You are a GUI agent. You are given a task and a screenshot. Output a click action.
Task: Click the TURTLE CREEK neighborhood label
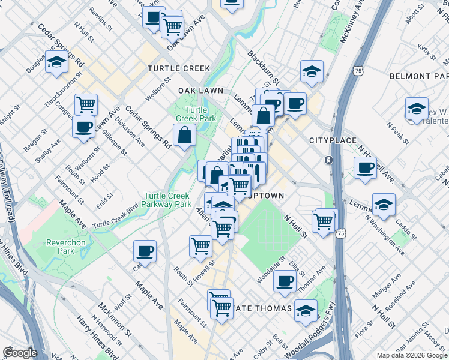tap(179, 68)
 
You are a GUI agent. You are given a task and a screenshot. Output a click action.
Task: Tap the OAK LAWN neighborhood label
tap(200, 91)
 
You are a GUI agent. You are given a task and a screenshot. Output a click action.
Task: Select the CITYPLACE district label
tap(329, 140)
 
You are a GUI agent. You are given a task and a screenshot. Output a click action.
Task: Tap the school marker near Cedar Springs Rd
tap(56, 62)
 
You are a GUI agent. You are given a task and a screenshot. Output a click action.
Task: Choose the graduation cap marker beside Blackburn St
tap(311, 72)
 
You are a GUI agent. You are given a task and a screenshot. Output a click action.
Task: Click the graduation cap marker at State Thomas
tap(306, 311)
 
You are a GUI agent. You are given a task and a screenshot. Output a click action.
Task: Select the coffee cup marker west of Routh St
tap(144, 251)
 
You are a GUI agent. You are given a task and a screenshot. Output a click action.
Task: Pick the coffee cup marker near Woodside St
tap(285, 280)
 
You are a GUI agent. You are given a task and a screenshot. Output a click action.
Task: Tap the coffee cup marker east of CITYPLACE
tap(364, 168)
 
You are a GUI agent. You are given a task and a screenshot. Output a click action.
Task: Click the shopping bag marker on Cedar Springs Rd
tap(185, 135)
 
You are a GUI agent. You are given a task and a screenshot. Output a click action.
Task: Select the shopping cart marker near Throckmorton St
tap(86, 104)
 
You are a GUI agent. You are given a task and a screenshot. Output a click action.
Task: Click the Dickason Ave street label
tap(134, 134)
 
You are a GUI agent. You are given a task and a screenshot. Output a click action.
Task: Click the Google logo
tap(20, 353)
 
